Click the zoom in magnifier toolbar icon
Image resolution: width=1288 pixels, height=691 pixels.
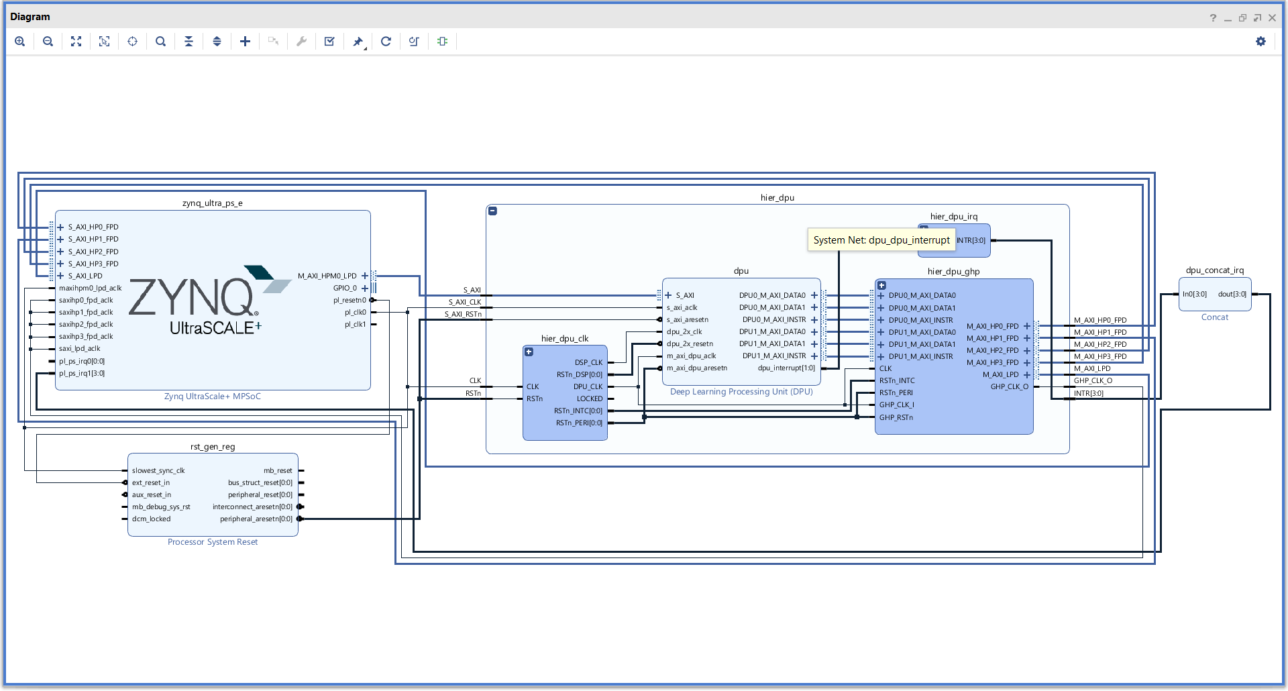[x=20, y=42]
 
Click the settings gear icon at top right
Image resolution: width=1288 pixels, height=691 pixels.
[x=1260, y=42]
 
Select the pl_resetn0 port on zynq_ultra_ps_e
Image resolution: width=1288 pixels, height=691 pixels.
[x=350, y=301]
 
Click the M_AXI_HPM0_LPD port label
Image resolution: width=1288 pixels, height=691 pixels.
[x=327, y=276]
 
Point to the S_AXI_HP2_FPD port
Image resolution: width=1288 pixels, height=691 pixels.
[x=93, y=252]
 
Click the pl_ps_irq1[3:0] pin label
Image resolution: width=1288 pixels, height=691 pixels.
[x=82, y=374]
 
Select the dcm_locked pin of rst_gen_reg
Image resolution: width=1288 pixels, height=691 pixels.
[x=151, y=519]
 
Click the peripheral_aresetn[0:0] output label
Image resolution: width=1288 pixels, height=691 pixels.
[x=256, y=519]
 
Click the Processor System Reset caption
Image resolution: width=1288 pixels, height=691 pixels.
[x=213, y=542]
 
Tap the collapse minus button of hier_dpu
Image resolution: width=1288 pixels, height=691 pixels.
[x=492, y=211]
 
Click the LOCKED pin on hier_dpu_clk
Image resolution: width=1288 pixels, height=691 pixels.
[x=589, y=398]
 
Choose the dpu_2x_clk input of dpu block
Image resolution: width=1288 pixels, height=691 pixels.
[x=684, y=332]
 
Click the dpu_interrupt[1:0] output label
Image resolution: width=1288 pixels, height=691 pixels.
[x=786, y=368]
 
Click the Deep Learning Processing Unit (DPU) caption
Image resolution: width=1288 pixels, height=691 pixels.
[x=741, y=392]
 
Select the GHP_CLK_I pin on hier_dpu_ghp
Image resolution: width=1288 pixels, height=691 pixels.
[x=896, y=405]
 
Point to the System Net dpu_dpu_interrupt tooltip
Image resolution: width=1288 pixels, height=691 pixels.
[x=881, y=240]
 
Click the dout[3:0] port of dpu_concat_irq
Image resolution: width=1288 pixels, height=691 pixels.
[x=1232, y=295]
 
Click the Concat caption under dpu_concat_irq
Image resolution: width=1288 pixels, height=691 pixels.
[x=1214, y=317]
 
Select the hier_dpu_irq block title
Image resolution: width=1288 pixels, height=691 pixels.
[x=953, y=217]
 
